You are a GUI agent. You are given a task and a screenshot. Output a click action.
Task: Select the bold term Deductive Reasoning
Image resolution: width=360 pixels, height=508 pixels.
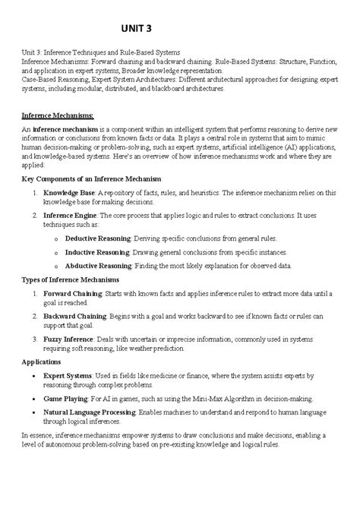[98, 237]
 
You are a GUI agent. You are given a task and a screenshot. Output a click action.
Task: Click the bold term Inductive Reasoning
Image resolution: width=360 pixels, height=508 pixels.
[96, 251]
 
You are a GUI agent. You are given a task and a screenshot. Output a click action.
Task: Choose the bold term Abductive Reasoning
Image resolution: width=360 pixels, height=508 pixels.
[98, 266]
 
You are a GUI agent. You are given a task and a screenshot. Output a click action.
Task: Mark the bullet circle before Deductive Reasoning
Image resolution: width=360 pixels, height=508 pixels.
[56, 238]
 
